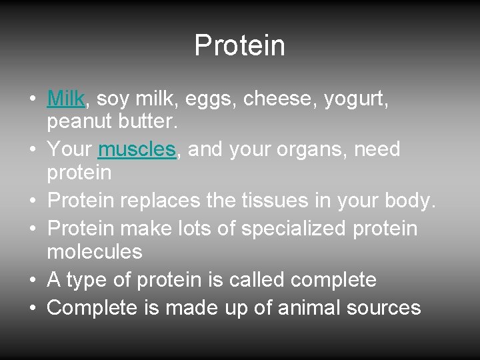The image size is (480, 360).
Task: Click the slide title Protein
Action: [239, 46]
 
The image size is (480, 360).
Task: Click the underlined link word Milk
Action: [65, 99]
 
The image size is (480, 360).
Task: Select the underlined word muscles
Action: [137, 149]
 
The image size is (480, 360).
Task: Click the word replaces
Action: [175, 200]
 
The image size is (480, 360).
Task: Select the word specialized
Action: [293, 229]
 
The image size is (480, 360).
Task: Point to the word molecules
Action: [95, 252]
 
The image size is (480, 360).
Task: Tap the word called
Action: [257, 280]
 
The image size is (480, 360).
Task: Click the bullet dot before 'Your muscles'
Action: [33, 150]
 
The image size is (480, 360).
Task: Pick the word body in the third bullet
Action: [411, 200]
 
